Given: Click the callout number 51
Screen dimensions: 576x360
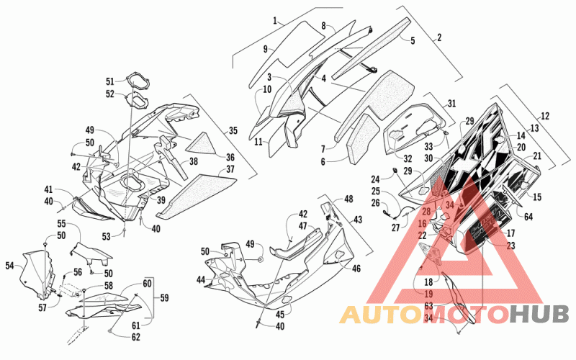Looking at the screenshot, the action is click(x=110, y=81).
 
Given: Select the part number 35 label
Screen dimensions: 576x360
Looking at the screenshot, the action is click(x=233, y=131).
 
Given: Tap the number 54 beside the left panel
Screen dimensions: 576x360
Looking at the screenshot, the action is click(x=9, y=265).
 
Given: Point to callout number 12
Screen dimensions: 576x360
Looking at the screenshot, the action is click(x=545, y=116).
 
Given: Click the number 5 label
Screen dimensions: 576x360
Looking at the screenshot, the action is click(x=413, y=40).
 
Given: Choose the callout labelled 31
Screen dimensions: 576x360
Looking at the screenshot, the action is click(x=451, y=104).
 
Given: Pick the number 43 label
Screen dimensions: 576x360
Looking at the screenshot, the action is click(x=357, y=220).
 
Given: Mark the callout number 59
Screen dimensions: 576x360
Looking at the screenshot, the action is click(x=164, y=297).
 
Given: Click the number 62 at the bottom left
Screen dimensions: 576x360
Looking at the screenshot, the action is click(x=136, y=336).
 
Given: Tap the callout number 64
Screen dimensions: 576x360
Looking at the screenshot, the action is click(x=528, y=217).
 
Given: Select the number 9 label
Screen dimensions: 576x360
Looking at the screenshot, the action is click(x=266, y=49).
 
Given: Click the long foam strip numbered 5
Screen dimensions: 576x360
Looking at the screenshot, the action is click(x=371, y=48).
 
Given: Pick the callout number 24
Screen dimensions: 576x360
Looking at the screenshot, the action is click(x=375, y=179).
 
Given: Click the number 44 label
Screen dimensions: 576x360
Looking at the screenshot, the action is click(x=201, y=280).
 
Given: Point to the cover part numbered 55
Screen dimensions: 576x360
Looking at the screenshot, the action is click(x=91, y=253).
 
